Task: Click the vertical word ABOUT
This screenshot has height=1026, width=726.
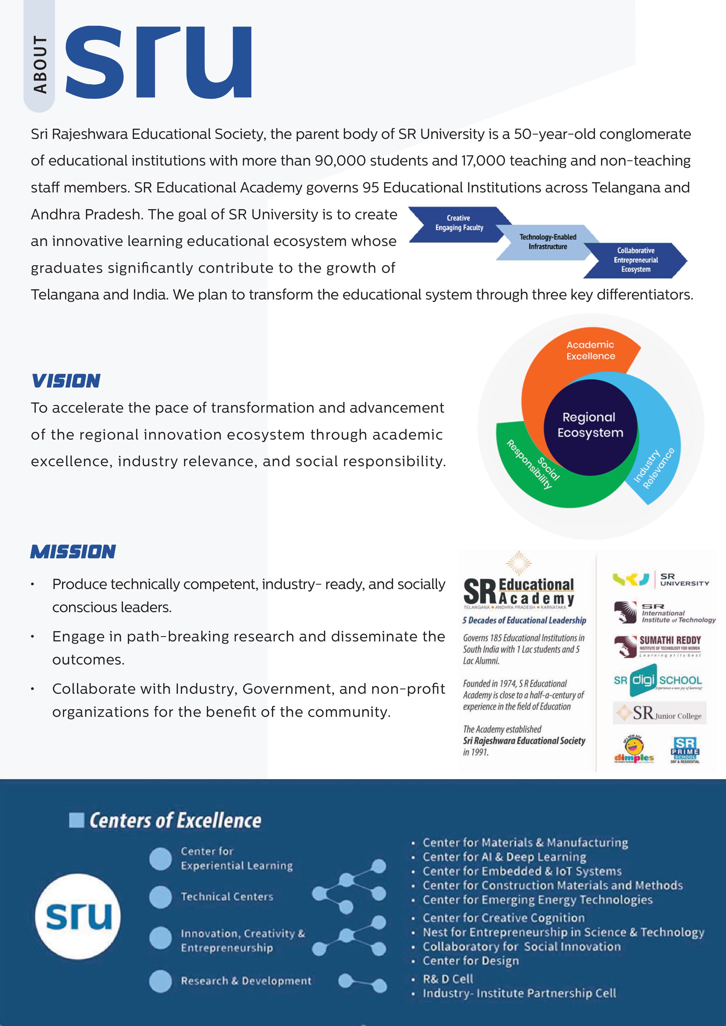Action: [40, 65]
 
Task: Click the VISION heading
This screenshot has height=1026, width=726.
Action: [66, 381]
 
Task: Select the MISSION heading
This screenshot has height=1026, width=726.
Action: [73, 552]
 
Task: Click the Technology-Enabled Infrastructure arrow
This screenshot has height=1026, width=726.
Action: [547, 242]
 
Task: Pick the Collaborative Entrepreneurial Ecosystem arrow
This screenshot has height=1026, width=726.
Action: [635, 260]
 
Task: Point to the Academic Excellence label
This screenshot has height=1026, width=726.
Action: [591, 350]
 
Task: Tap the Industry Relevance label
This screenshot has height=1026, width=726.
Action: [654, 468]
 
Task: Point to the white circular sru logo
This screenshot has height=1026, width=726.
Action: [78, 917]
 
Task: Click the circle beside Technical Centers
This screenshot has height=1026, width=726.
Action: [160, 897]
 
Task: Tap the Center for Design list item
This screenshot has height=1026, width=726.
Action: [471, 961]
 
